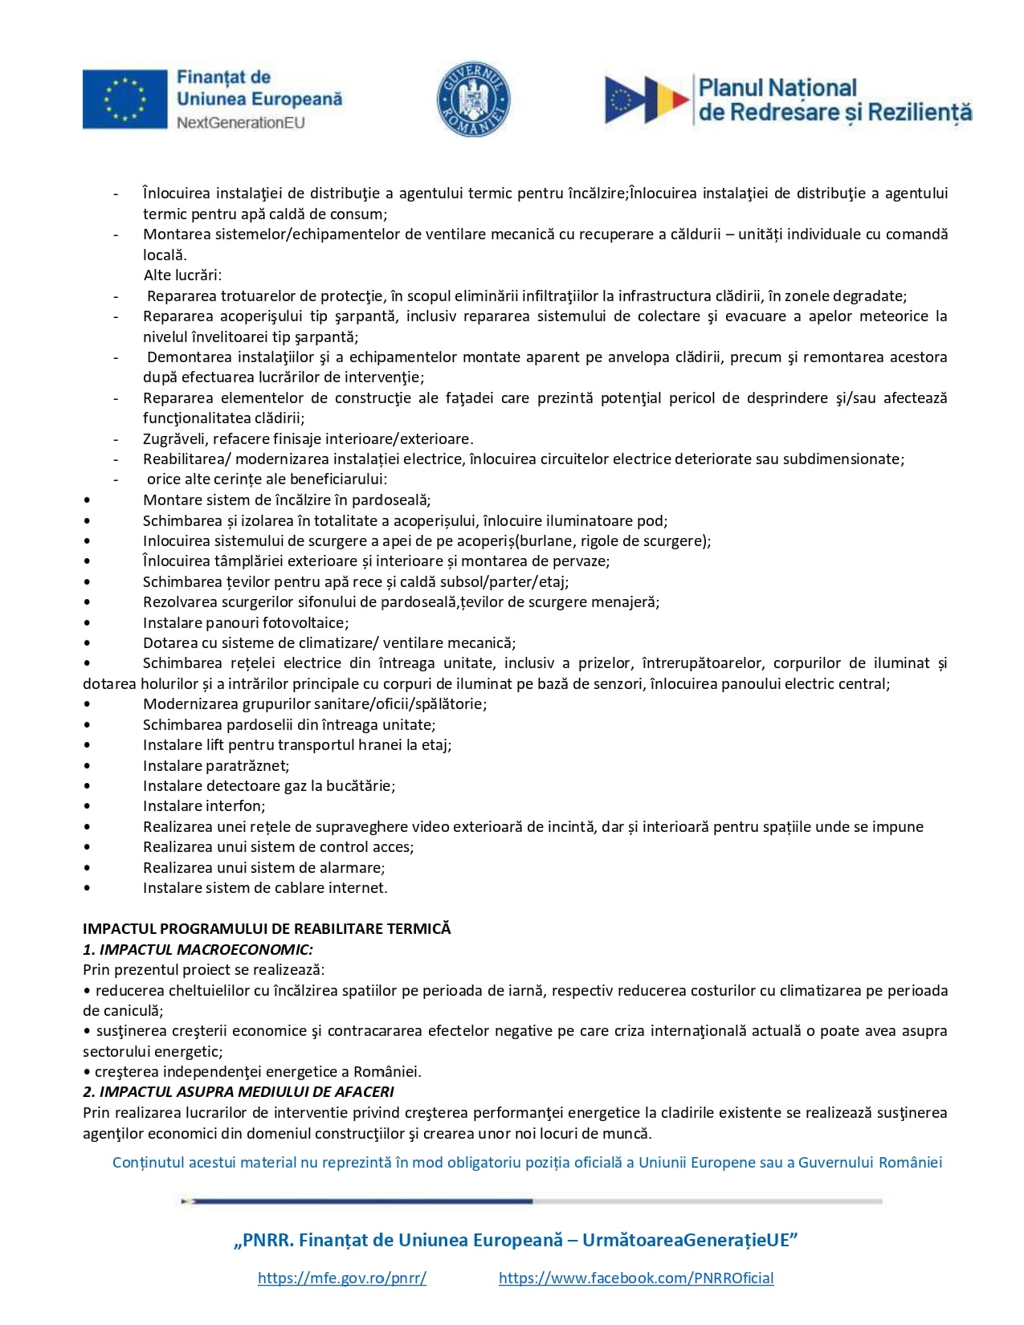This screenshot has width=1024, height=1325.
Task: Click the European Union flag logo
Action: coord(124,100)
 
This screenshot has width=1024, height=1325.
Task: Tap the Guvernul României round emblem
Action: coord(473,100)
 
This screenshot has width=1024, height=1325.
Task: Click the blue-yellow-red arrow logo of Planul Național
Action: coord(647,100)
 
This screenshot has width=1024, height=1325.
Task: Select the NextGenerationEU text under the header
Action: coord(240,123)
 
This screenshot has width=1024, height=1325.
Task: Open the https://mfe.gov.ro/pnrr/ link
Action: coord(342,1278)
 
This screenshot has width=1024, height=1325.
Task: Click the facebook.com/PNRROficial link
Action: coord(636,1278)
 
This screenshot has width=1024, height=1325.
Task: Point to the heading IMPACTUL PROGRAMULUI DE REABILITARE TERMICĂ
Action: coord(267,929)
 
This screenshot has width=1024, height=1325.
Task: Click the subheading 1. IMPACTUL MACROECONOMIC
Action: coord(198,949)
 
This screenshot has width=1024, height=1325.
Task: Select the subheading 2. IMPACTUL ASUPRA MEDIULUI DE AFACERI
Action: coord(239,1092)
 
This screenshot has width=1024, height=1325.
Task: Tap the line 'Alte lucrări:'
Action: coord(182,275)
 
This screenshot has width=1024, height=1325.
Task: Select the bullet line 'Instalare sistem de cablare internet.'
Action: coord(265,888)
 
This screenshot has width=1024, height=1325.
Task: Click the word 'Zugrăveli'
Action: coord(174,438)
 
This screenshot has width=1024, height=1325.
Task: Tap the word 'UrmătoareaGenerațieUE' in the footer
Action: coord(689,1240)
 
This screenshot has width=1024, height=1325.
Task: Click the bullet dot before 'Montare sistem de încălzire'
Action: coord(87,500)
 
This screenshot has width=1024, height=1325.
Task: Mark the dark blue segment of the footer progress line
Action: coord(361,1201)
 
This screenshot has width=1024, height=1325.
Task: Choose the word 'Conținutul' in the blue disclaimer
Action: coord(149,1163)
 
